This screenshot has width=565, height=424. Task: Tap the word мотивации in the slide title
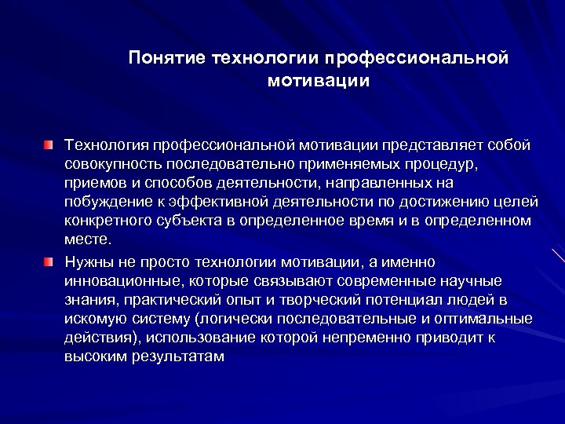[x=318, y=81]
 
